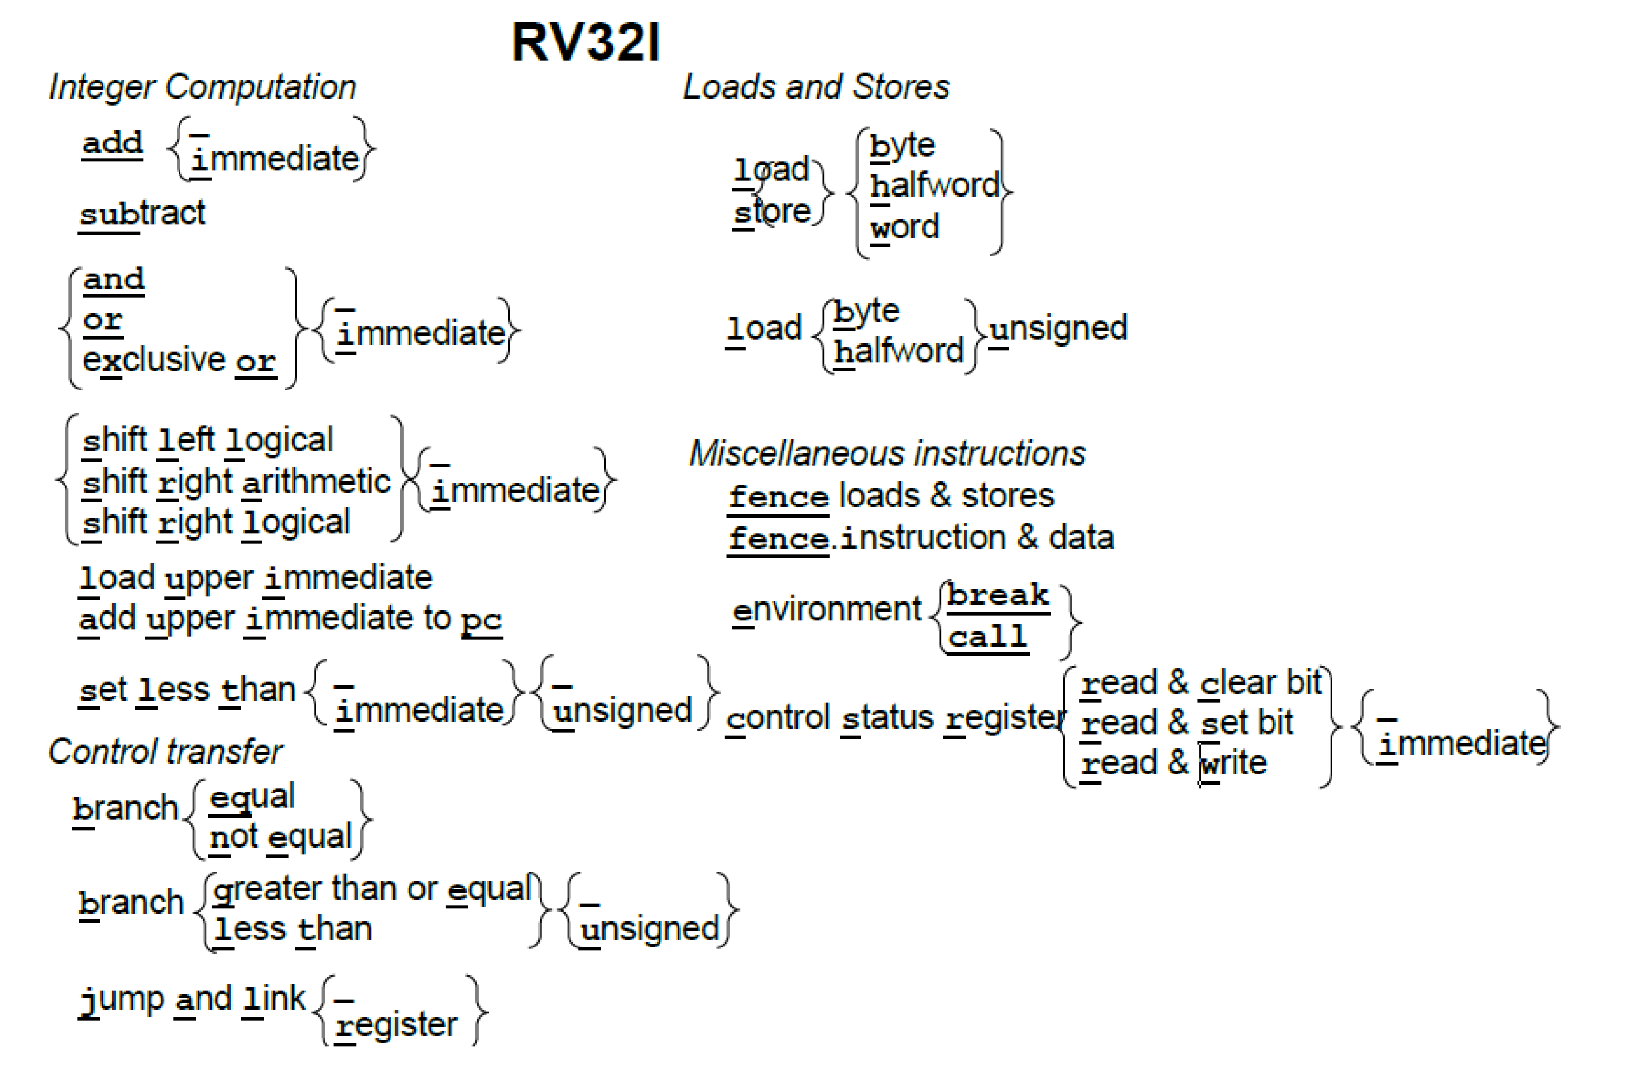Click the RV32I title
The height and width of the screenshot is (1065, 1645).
pyautogui.click(x=586, y=43)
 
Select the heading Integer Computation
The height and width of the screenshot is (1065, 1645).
pyautogui.click(x=203, y=87)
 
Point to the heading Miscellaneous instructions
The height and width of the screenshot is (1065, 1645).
pyautogui.click(x=887, y=454)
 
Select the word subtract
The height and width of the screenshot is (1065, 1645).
pyautogui.click(x=142, y=214)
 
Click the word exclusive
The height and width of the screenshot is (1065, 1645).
pyautogui.click(x=154, y=359)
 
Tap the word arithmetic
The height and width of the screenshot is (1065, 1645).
pyautogui.click(x=317, y=482)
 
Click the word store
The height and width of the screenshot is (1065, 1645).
pyautogui.click(x=772, y=211)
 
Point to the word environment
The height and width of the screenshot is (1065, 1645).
pyautogui.click(x=827, y=610)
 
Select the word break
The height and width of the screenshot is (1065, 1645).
pyautogui.click(x=997, y=595)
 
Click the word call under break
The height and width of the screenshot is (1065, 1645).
pyautogui.click(x=987, y=637)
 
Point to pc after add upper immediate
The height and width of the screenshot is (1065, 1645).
pyautogui.click(x=481, y=619)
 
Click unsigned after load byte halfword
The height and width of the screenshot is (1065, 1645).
pyautogui.click(x=1058, y=328)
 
